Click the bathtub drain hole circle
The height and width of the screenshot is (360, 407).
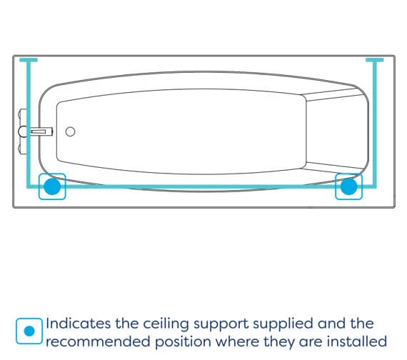[x=70, y=131]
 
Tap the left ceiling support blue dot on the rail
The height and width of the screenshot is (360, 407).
[x=52, y=186]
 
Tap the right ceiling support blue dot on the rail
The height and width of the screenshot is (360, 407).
[x=348, y=186]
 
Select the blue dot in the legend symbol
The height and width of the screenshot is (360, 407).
[x=29, y=331]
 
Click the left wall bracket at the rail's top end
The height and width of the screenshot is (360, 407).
[x=29, y=60]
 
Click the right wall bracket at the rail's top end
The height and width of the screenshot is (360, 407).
[x=375, y=60]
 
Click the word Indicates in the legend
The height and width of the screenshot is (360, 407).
[x=79, y=324]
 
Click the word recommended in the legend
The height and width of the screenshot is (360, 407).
[x=98, y=341]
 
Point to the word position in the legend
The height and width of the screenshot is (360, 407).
[x=183, y=342]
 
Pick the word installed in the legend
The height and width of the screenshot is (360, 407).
[x=356, y=341]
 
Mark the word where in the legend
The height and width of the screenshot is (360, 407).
[x=237, y=341]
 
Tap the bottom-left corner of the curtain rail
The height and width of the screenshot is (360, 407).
[x=29, y=186]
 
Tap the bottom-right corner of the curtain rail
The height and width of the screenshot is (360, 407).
[x=375, y=186]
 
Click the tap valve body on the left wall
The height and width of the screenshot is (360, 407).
[x=23, y=131]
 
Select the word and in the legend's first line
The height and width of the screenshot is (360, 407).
[x=331, y=324]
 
